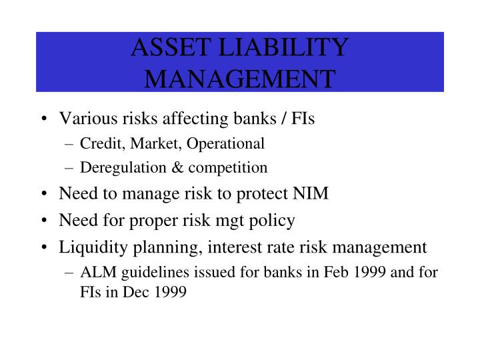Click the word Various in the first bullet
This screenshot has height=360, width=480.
pyautogui.click(x=85, y=119)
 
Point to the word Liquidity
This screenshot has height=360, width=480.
pyautogui.click(x=87, y=247)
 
